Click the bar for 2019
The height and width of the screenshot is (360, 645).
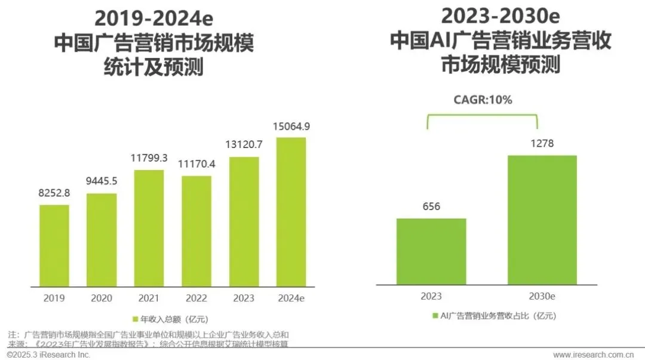point(54,244)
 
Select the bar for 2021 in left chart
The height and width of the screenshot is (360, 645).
point(149,227)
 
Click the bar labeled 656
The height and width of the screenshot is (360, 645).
point(431,251)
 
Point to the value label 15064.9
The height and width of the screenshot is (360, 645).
point(291,127)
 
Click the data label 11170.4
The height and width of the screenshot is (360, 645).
point(196,165)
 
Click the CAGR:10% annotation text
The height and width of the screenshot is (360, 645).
point(482,100)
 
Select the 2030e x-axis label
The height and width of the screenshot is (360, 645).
point(542,297)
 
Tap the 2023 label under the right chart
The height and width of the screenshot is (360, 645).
point(431,297)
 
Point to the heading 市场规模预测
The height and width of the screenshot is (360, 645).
point(500,64)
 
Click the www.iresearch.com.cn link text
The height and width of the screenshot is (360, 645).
point(597,355)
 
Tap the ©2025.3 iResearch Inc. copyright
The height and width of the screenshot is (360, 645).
point(48,355)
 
